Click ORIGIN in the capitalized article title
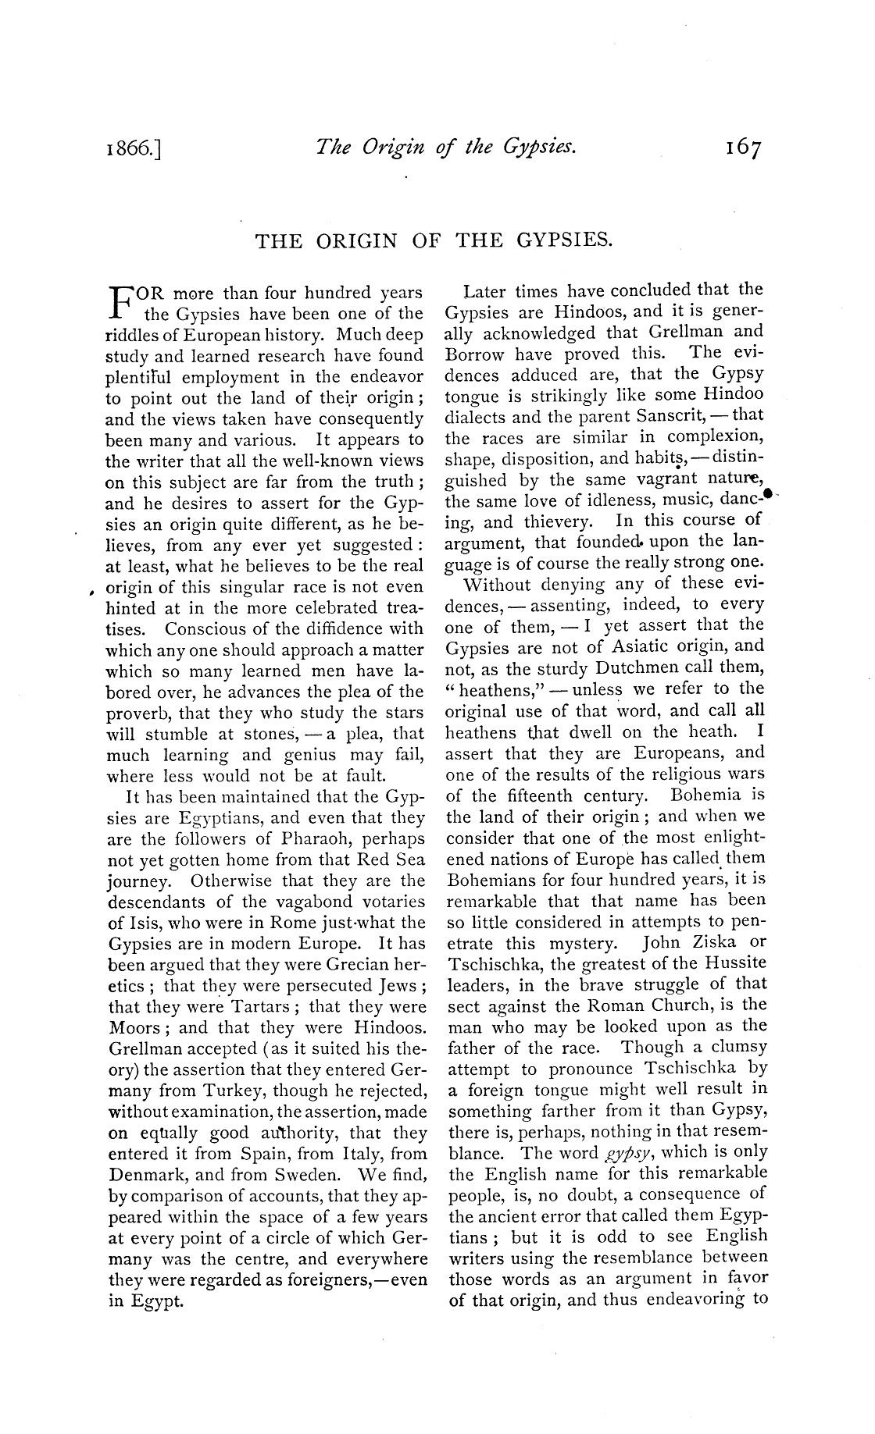point(359,240)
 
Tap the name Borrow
point(472,353)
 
